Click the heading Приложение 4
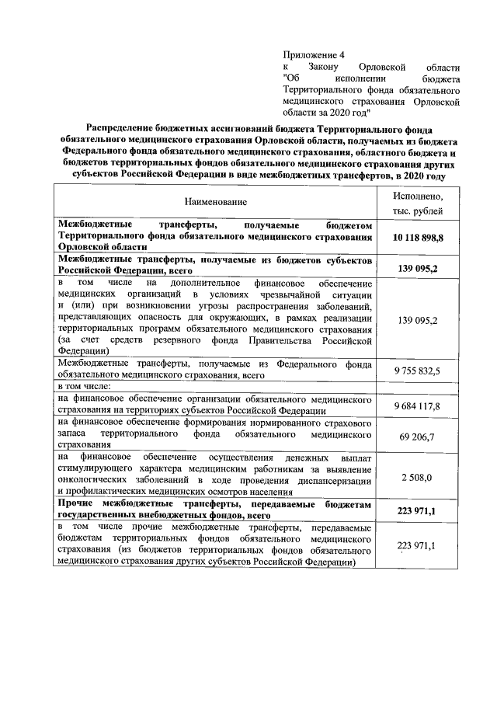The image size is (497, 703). point(313,54)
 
